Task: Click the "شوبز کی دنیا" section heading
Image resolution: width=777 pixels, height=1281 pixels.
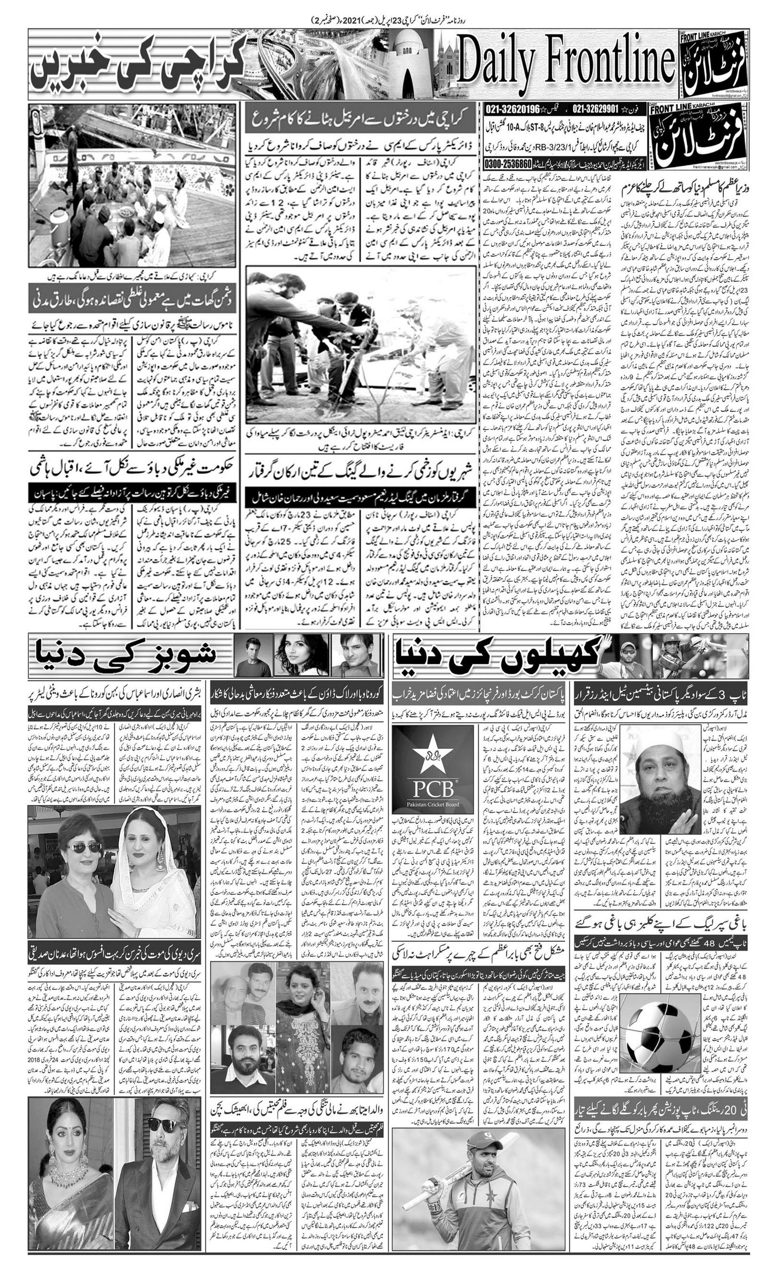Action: (125, 656)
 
